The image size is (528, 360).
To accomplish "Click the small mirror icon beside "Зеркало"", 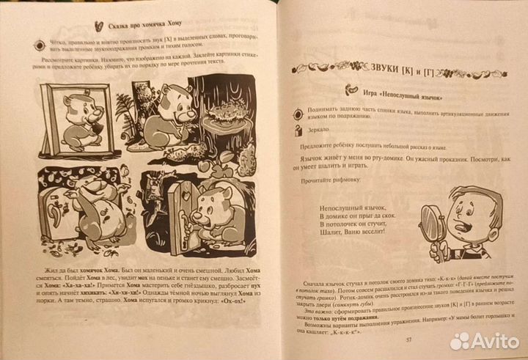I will click(298, 130).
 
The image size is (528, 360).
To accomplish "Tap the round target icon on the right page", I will click(298, 111).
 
